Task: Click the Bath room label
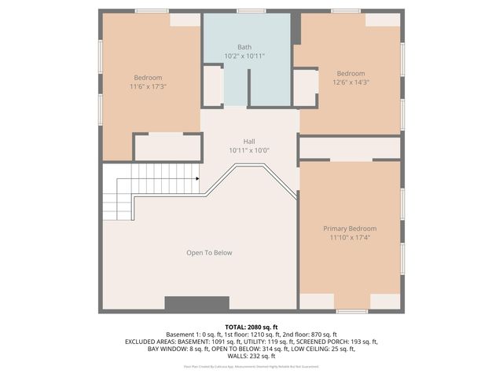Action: tap(244, 47)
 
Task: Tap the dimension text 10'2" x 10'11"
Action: tap(244, 57)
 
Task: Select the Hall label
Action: tap(248, 141)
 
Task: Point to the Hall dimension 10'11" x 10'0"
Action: tap(248, 150)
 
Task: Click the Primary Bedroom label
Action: tap(350, 229)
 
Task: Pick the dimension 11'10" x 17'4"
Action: tap(350, 237)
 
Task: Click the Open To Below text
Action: tap(209, 253)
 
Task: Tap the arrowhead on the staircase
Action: tap(196, 178)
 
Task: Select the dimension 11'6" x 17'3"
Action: tap(148, 86)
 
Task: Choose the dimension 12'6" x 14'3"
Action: tap(351, 82)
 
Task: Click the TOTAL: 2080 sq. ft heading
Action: tap(251, 327)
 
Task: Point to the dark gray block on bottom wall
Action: tap(196, 303)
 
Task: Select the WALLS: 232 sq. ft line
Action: tap(251, 357)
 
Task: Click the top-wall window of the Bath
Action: tap(251, 11)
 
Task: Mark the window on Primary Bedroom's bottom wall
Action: tap(351, 311)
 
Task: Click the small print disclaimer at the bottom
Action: tap(251, 366)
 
